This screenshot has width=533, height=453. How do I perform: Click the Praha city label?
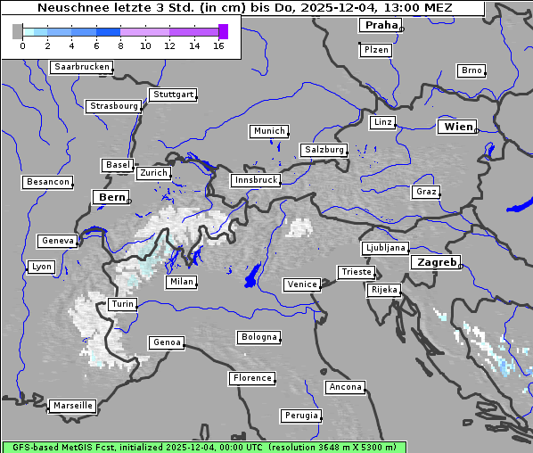(381, 25)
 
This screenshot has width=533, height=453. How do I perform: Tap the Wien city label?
(458, 127)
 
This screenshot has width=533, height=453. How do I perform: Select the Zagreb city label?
(436, 262)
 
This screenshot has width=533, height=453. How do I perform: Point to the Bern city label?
(111, 197)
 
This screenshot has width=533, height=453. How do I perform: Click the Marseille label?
(72, 405)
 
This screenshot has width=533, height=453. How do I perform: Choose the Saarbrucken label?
(82, 67)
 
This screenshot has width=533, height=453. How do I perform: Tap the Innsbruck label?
(255, 180)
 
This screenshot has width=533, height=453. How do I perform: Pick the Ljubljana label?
(385, 248)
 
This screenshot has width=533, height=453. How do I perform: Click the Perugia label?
(301, 416)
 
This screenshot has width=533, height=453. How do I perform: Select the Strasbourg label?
(114, 106)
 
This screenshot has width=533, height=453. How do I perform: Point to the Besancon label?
(47, 182)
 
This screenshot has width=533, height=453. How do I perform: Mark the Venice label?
(302, 284)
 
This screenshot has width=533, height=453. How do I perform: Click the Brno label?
(471, 70)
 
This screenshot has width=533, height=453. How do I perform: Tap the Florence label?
(252, 378)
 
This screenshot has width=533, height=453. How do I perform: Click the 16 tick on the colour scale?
(218, 45)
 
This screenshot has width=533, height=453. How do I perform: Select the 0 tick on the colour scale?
(21, 45)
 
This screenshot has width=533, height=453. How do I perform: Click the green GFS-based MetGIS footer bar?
(203, 447)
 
